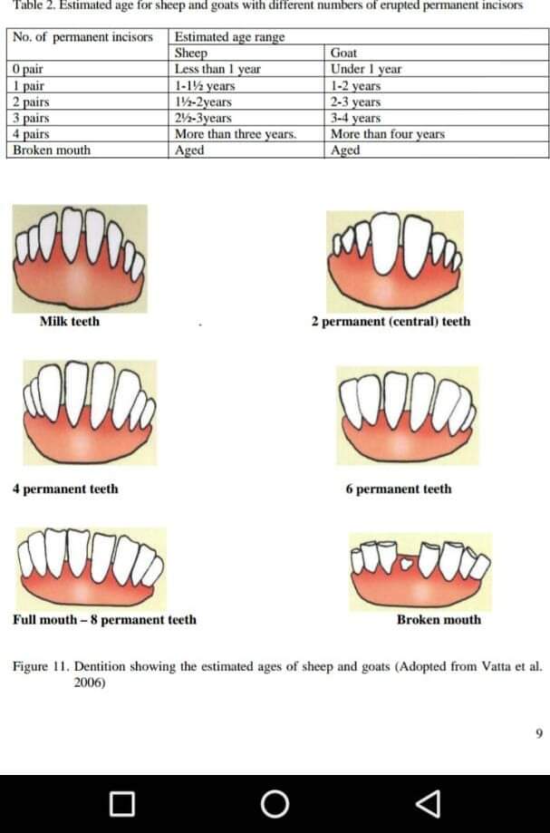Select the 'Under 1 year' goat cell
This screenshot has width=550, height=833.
point(366,69)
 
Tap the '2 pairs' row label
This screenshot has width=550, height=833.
point(33,102)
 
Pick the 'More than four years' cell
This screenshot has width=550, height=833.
point(388,134)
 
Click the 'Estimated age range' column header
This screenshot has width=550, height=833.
point(229,37)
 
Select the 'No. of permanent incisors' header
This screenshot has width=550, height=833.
point(88,37)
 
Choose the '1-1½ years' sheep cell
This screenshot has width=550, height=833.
point(205,85)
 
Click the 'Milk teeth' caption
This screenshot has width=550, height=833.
point(70,321)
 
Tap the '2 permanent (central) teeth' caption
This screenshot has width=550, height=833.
point(391,321)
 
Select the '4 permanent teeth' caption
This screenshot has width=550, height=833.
point(65,489)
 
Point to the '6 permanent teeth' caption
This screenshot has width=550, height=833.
point(398,489)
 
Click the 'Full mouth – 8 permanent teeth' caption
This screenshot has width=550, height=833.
point(104,620)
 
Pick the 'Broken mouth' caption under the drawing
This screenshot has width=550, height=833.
point(439,620)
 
